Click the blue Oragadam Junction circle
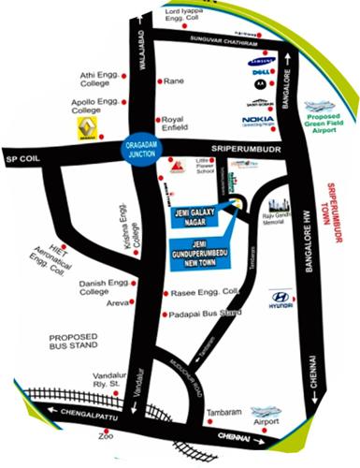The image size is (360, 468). click(146, 149)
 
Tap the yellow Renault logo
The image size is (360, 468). click(85, 128)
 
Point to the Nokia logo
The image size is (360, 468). click(257, 120)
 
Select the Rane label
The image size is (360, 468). click(174, 81)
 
